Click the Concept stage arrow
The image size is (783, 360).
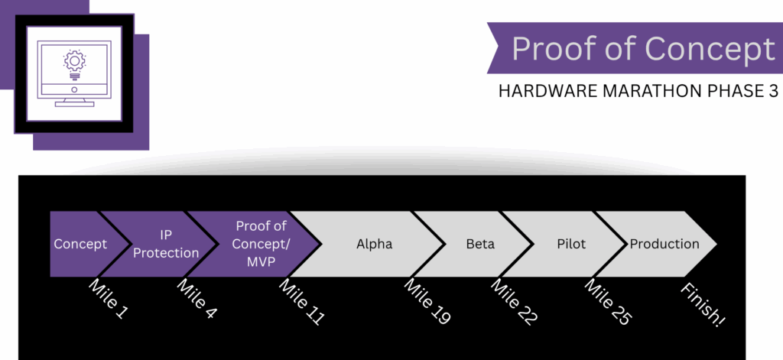pos(80,244)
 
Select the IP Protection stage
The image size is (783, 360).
pos(166,244)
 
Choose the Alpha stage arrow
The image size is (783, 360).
pos(374,245)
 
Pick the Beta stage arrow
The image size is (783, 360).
pos(480,245)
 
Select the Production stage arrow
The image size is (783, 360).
pos(664,245)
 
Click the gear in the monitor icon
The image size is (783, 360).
pos(75,60)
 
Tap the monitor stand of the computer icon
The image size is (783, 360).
pos(74,98)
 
